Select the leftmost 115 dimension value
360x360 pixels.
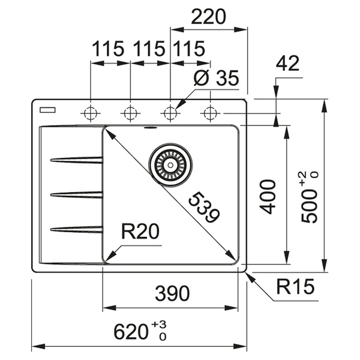click(108, 49)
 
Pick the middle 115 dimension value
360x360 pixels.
click(148, 49)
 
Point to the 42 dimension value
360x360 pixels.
click(288, 64)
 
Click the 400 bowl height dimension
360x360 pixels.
click(268, 196)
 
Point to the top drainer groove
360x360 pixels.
click(76, 160)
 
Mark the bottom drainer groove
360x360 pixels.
click(76, 229)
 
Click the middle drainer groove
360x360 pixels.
click(76, 194)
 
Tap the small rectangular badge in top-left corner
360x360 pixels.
click(46, 110)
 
